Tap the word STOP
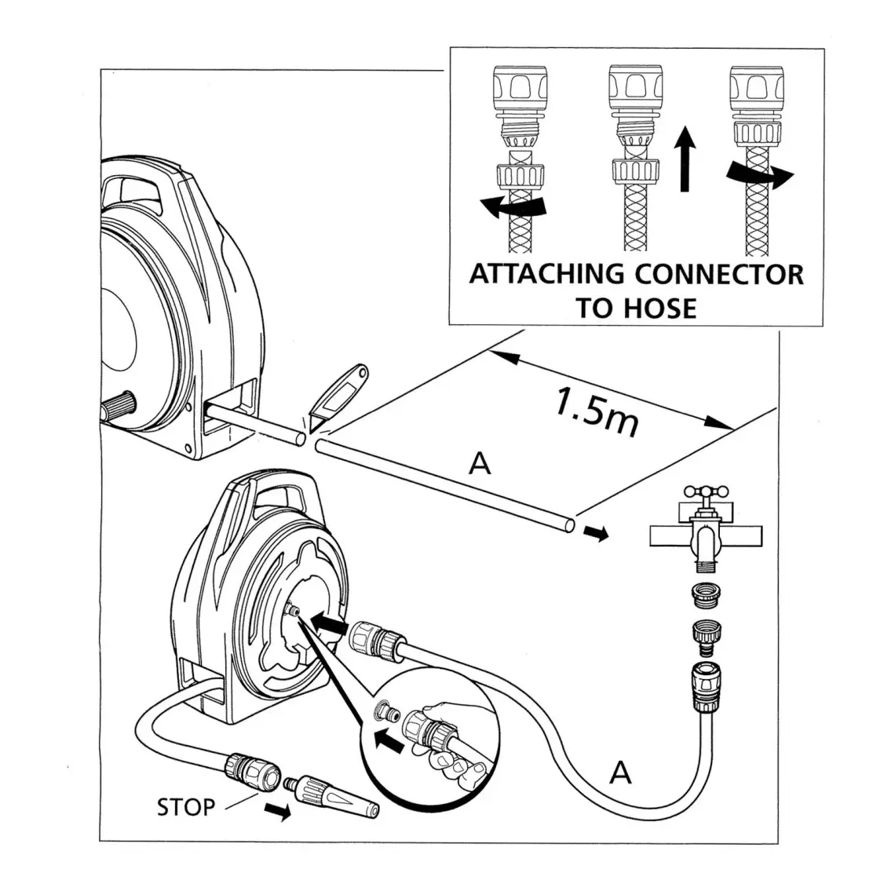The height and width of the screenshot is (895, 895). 185,806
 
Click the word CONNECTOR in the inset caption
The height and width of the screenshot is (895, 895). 718,275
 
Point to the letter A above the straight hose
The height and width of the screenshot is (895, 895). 479,465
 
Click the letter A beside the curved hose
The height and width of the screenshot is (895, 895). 620,773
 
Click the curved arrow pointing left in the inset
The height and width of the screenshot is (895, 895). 512,207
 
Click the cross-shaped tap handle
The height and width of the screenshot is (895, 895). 703,492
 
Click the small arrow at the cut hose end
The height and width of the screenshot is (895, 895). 597,535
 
